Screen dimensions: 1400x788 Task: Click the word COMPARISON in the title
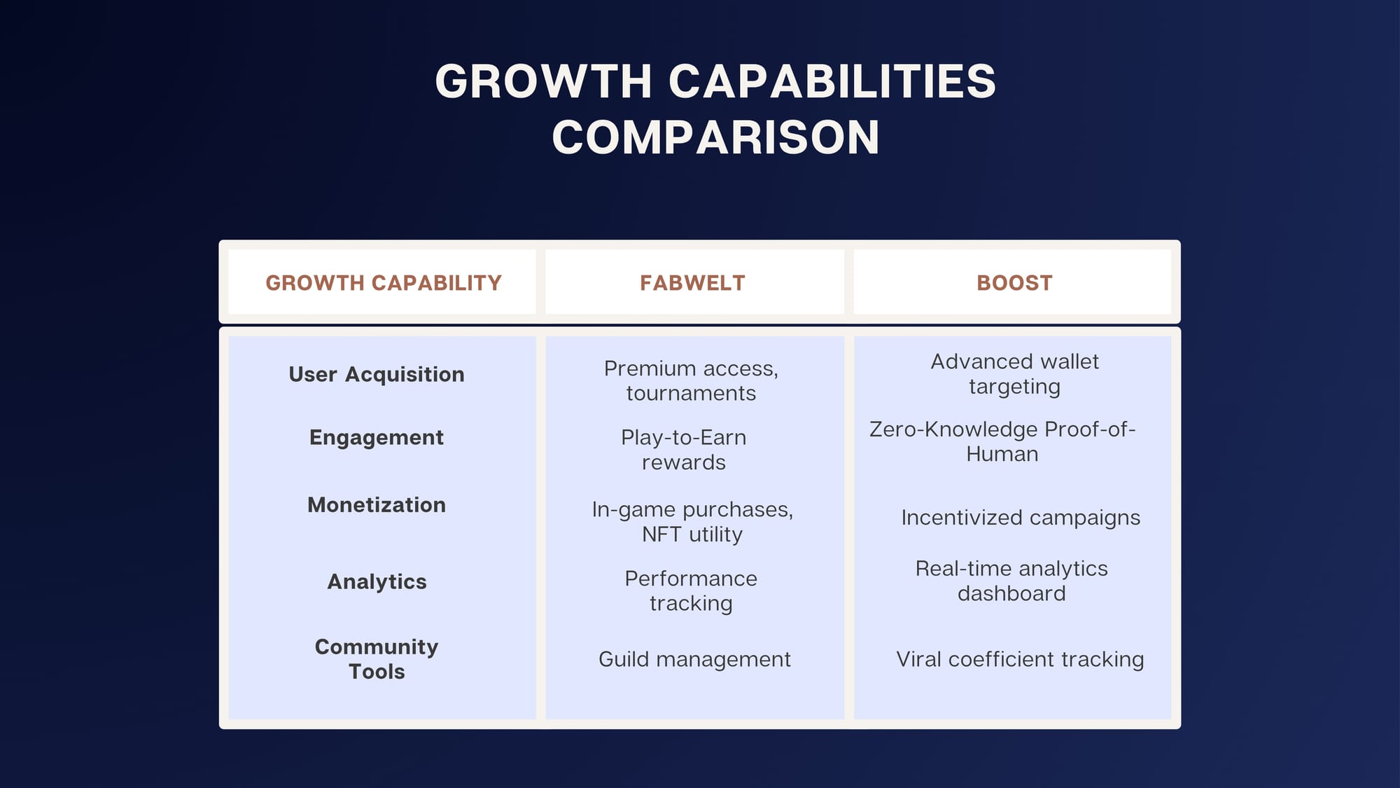click(x=715, y=137)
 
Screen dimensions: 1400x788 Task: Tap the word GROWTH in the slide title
click(x=544, y=81)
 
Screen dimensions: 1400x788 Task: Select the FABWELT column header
click(x=692, y=283)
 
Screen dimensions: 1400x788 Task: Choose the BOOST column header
click(x=1014, y=283)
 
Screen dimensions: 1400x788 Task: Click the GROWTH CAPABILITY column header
click(x=384, y=283)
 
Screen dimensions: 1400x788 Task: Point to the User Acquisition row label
click(x=377, y=375)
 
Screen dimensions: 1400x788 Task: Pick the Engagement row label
click(x=377, y=438)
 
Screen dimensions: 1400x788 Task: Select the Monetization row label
click(x=377, y=505)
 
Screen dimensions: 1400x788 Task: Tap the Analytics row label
click(x=377, y=582)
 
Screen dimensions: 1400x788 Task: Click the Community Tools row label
click(x=377, y=659)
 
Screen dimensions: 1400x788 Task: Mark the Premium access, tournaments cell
click(x=692, y=381)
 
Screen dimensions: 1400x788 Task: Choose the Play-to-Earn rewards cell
click(x=684, y=450)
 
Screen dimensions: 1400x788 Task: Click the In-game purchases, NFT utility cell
click(x=692, y=522)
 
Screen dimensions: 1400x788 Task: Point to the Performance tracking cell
click(x=691, y=590)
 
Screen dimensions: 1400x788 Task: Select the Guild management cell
click(x=694, y=659)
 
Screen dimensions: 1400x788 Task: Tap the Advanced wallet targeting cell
click(x=1014, y=374)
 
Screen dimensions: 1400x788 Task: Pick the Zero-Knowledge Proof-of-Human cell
click(x=1002, y=441)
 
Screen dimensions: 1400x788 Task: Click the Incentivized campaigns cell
click(x=1021, y=518)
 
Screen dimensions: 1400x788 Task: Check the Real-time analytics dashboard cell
click(x=1011, y=581)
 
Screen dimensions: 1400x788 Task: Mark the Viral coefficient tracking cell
click(x=1020, y=659)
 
